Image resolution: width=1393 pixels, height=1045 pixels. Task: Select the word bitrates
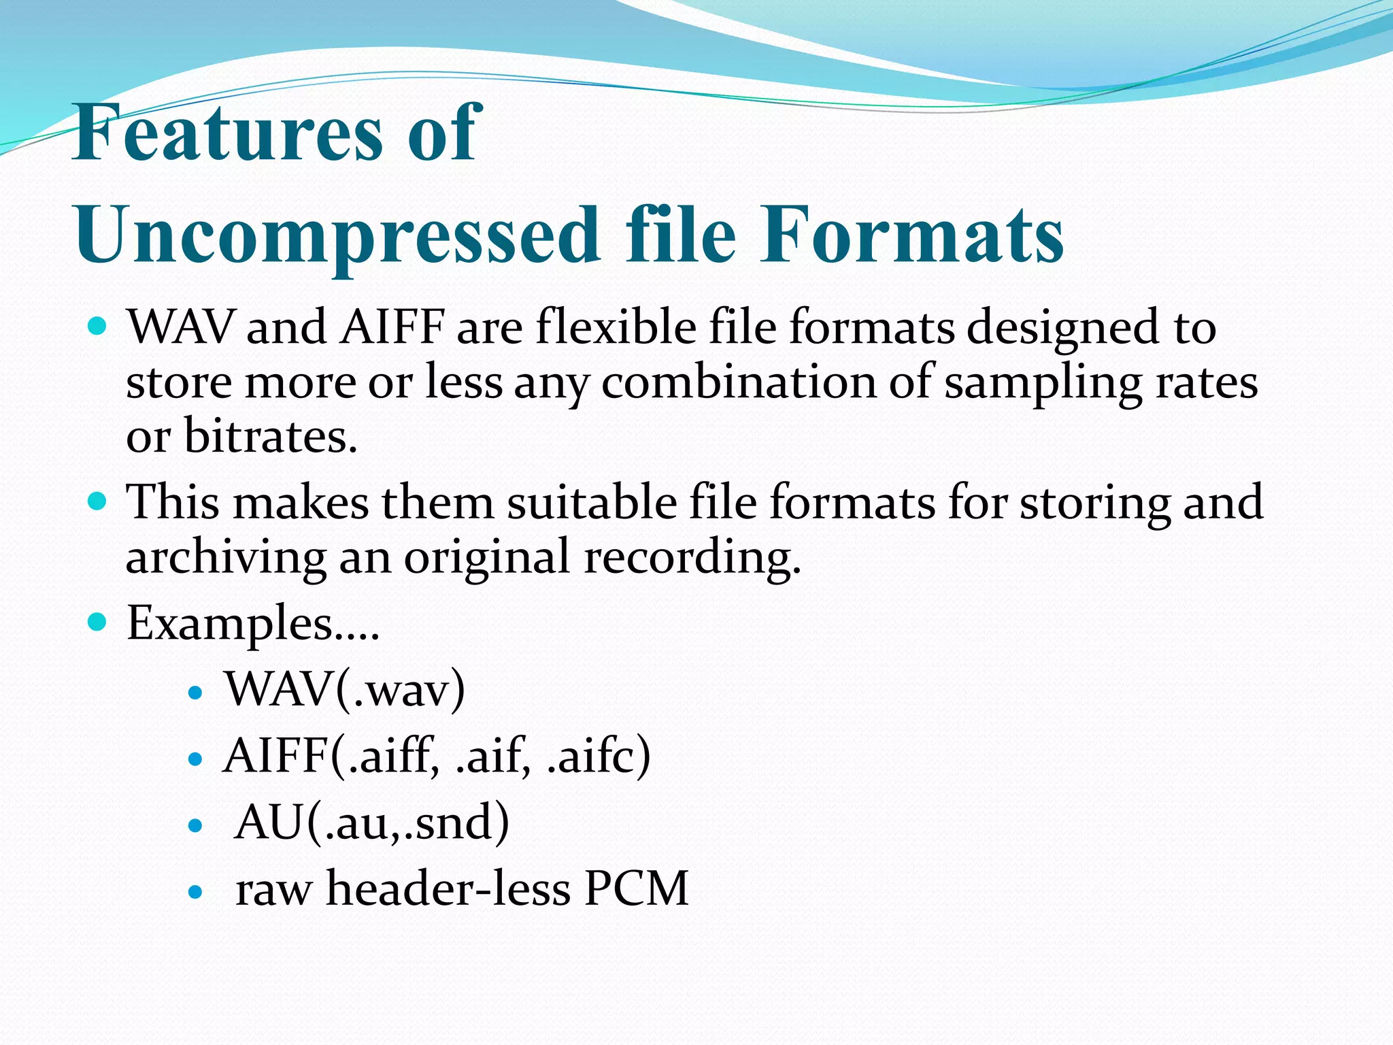click(270, 436)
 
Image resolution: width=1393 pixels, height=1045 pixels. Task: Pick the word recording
click(692, 557)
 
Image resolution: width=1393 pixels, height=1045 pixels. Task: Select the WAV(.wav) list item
click(346, 690)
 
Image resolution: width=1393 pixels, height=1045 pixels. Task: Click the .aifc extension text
click(599, 756)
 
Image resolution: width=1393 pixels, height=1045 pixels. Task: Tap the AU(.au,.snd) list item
click(371, 823)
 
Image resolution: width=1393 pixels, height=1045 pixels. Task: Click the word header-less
click(448, 889)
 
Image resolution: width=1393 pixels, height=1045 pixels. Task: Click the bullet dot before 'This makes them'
click(98, 502)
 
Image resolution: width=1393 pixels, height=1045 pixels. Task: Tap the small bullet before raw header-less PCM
click(195, 891)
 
